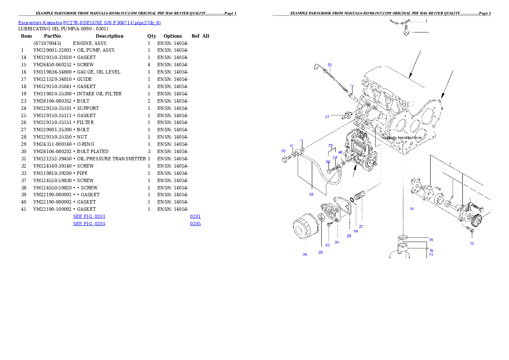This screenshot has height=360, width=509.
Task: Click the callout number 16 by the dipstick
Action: [329, 65]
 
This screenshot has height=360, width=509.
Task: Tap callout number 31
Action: [327, 116]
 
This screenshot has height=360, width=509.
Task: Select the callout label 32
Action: [283, 151]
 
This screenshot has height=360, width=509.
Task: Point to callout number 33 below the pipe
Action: [311, 194]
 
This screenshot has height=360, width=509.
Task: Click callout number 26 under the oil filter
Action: [305, 255]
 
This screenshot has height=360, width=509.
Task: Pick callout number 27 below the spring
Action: [361, 227]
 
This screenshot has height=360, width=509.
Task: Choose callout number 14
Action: [411, 209]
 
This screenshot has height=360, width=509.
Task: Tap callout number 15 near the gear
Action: [472, 244]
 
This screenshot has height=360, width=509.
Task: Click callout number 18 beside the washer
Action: [431, 240]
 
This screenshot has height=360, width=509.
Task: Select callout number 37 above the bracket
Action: [331, 145]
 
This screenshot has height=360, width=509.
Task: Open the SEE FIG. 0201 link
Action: [89, 216]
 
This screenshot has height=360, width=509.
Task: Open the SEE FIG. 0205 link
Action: [89, 224]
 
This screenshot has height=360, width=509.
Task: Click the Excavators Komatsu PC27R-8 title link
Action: [89, 23]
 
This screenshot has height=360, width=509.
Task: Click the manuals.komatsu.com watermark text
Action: [402, 138]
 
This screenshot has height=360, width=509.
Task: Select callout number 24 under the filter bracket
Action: [337, 242]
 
